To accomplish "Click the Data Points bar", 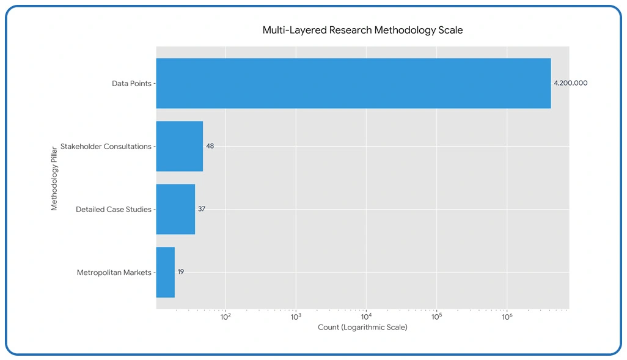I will [x=353, y=83].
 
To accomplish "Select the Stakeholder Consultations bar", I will [x=179, y=146].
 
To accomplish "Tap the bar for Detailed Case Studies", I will [x=175, y=209].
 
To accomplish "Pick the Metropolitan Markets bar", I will [x=166, y=272].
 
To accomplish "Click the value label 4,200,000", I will [x=570, y=83].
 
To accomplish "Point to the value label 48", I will [x=210, y=146].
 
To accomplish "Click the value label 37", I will [x=202, y=209].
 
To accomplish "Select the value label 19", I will [x=181, y=272].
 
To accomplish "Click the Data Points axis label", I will [x=131, y=83].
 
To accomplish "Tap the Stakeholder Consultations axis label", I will [x=106, y=147].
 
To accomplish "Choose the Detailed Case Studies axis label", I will [x=113, y=210].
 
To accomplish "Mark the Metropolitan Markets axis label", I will [x=114, y=273].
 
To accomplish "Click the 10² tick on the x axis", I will [x=225, y=316].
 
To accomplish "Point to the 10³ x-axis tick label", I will [x=295, y=316].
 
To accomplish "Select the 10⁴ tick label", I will [x=366, y=316].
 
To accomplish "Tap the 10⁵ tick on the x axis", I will [x=436, y=316].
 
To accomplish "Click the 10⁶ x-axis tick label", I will [x=507, y=316].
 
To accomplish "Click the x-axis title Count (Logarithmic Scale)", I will [x=362, y=328].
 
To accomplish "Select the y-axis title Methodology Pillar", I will [x=54, y=178].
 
